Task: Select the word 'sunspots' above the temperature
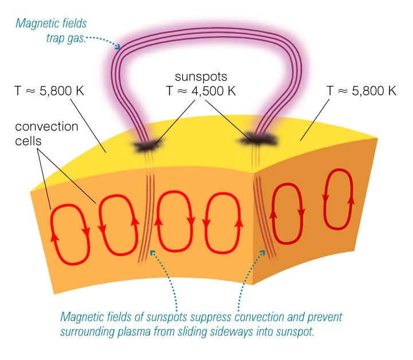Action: pos(202,76)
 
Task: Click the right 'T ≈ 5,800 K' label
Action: pos(361,90)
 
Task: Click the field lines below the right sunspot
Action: pos(265,217)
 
